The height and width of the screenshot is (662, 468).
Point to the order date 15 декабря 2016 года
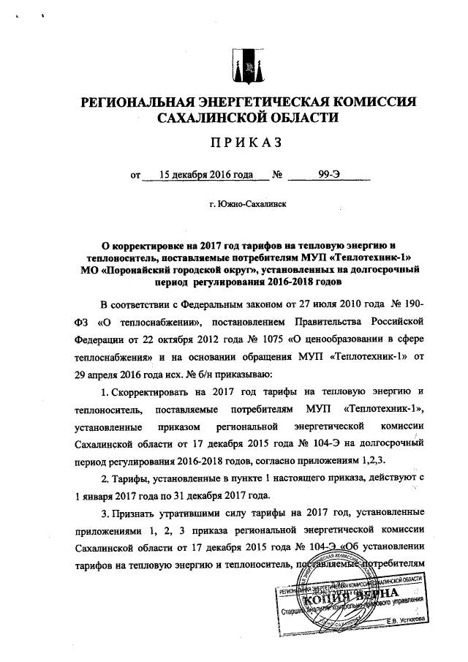click(200, 176)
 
